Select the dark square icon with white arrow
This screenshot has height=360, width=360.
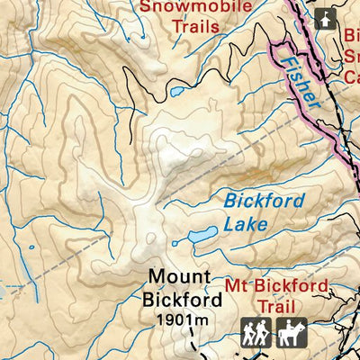[324, 16]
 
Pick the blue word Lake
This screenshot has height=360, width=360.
[246, 223]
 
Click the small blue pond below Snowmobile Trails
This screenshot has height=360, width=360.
[175, 92]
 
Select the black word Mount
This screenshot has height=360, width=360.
[180, 276]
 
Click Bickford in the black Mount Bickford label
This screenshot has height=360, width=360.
[180, 297]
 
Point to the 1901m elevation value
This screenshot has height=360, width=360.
[181, 319]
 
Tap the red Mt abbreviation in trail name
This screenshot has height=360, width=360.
[238, 287]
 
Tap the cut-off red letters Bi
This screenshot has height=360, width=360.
[351, 36]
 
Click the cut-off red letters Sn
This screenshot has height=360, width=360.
[351, 56]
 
